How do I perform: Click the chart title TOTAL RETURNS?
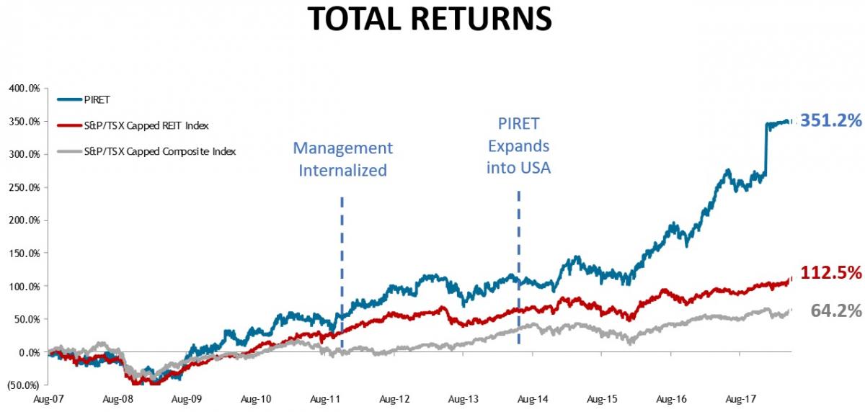point(430,19)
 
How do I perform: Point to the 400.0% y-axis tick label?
point(25,89)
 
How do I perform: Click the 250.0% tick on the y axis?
point(25,187)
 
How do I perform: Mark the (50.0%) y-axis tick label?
point(24,385)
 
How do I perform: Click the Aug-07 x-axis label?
point(48,398)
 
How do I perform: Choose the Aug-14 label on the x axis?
point(533,398)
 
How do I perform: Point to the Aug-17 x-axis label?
point(742,398)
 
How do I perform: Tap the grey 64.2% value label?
point(836,311)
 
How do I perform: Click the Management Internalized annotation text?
point(342,159)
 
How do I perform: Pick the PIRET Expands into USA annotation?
point(518,145)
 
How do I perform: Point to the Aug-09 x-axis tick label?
point(186,398)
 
